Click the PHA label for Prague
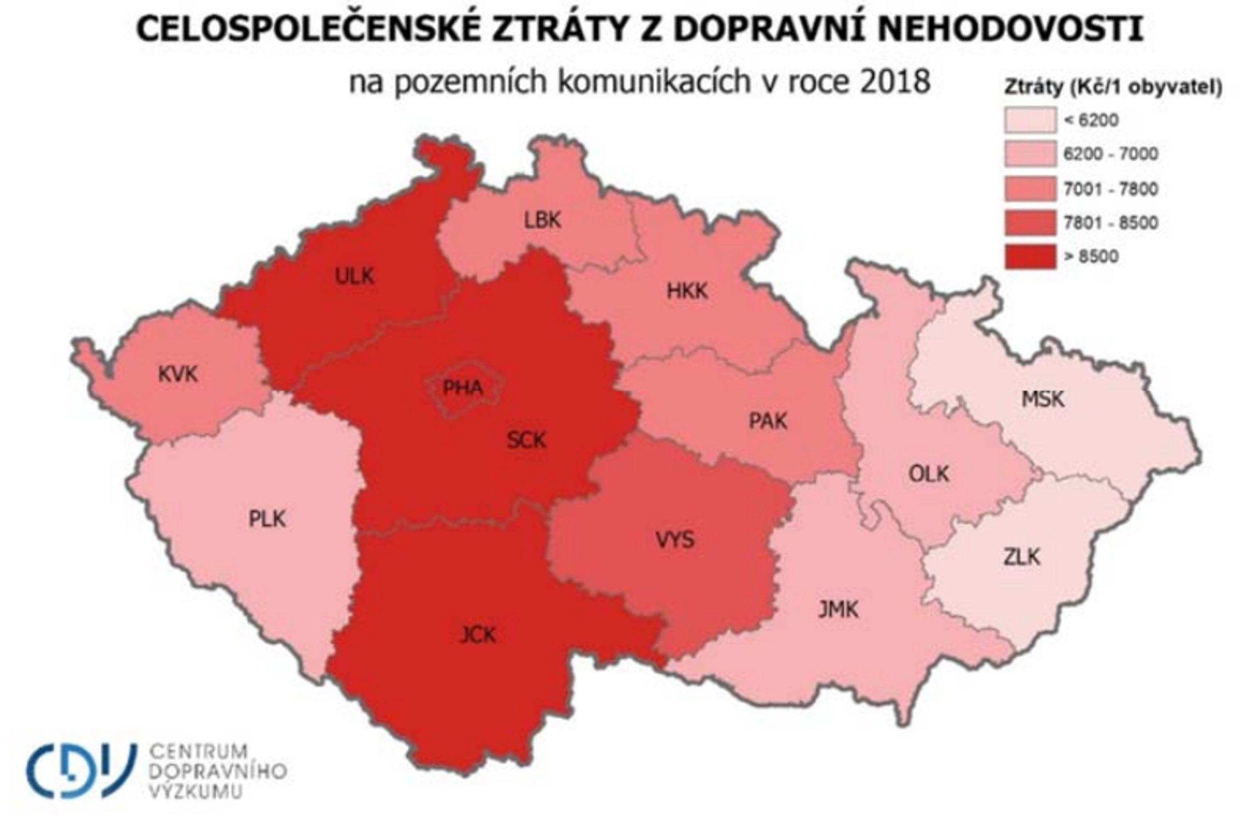(462, 388)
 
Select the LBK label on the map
(543, 220)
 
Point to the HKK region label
(687, 291)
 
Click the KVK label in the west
(178, 375)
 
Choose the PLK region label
(267, 519)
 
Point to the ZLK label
(1022, 557)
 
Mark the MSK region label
(1043, 400)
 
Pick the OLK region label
(929, 475)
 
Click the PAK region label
(768, 421)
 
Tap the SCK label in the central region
(526, 440)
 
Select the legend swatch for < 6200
(1030, 120)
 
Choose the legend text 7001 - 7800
(1110, 189)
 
